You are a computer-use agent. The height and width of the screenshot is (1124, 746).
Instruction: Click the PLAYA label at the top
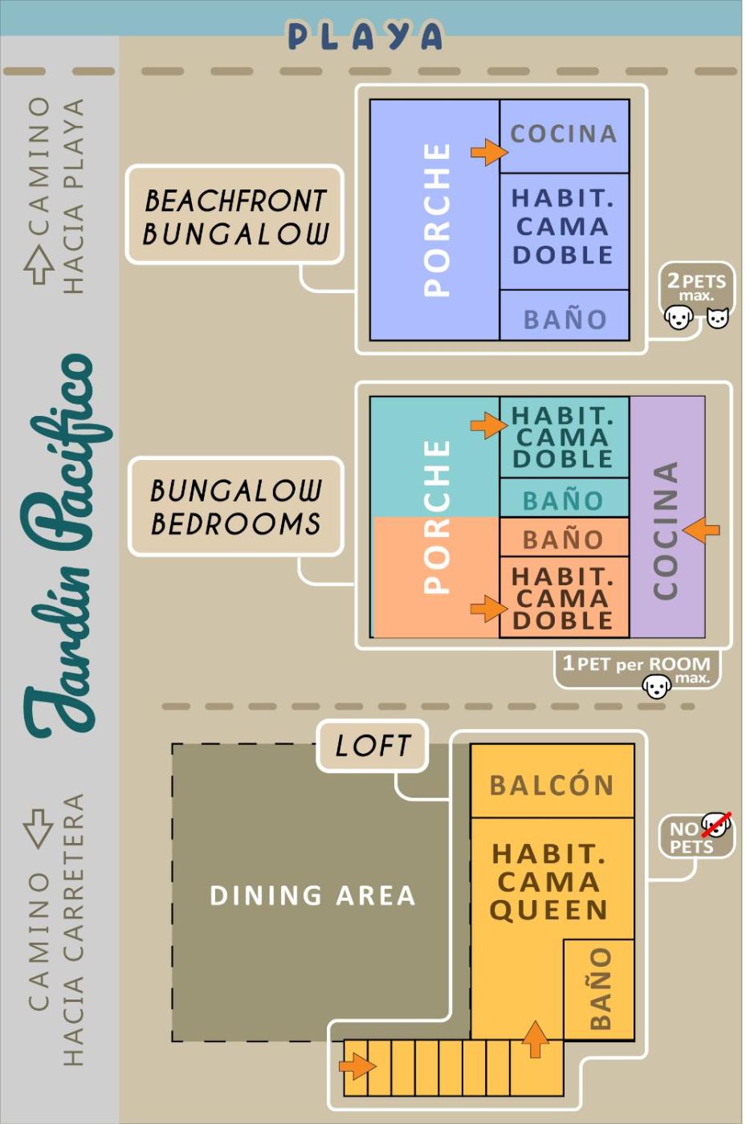point(365,35)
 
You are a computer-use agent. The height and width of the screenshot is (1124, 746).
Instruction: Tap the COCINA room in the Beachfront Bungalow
point(564,136)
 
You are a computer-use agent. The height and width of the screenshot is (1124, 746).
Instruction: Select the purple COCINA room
point(667,517)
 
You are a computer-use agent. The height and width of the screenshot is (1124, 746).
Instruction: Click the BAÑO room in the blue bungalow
point(565,315)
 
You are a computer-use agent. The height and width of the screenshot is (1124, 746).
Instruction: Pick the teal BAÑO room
point(564,498)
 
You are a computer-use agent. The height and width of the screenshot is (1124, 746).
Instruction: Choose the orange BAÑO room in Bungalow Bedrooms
point(564,537)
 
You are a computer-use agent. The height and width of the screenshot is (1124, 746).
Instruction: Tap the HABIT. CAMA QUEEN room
point(550,882)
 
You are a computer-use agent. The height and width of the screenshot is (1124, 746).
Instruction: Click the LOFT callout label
point(372,746)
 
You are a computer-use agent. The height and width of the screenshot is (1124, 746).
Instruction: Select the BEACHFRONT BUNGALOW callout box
point(235,215)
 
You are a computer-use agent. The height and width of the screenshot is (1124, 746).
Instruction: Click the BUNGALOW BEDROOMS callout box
point(236,507)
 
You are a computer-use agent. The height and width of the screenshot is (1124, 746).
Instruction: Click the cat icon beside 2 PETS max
point(717,317)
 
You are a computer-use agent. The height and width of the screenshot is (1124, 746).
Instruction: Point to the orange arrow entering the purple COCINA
point(701,529)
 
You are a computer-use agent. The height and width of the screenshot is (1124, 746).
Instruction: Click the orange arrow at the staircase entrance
point(357,1066)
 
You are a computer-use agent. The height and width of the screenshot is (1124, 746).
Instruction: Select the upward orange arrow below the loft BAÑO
point(536,1039)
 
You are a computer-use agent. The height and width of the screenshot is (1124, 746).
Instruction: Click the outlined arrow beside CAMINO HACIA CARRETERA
point(39,826)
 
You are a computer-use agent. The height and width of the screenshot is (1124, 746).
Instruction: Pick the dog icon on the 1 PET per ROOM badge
point(657,686)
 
